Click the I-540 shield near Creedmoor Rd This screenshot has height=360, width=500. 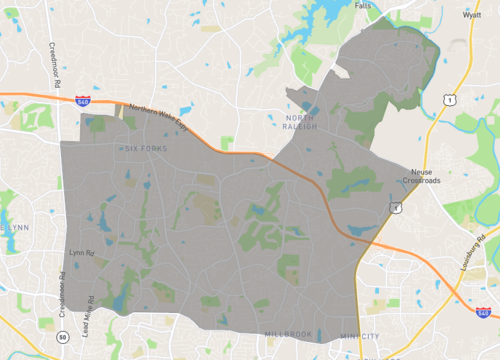tap(82, 101)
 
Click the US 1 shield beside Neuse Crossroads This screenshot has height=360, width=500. tap(396, 207)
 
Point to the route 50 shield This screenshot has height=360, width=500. tap(62, 337)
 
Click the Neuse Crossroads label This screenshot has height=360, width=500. tap(421, 176)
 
